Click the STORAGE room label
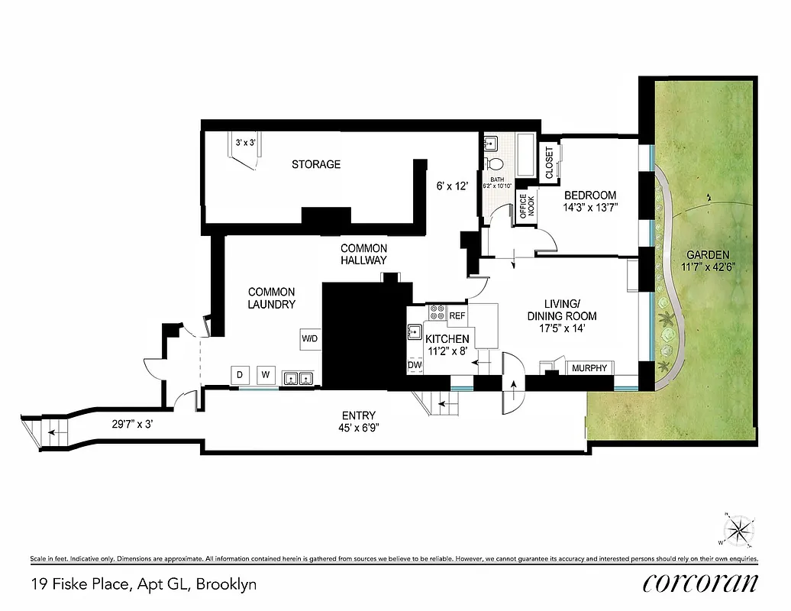(316, 164)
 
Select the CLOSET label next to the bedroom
(550, 163)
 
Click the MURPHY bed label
(590, 369)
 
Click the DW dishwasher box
(415, 366)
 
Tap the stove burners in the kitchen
(438, 312)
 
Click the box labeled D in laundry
(240, 375)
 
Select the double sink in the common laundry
(298, 377)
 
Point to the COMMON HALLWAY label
(363, 254)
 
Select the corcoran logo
(701, 582)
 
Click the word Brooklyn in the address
(226, 585)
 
